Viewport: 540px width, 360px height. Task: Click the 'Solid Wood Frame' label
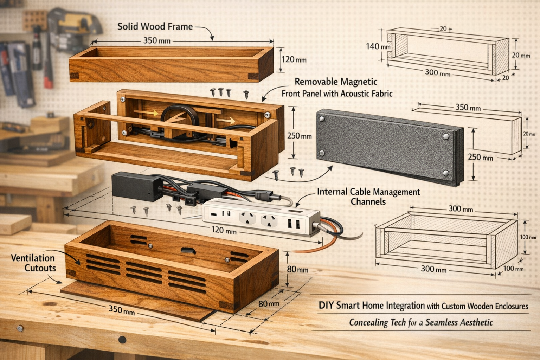point(155,26)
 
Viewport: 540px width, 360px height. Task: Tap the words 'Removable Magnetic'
point(336,82)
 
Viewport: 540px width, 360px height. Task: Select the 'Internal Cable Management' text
point(368,192)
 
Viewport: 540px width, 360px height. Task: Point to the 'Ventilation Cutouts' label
point(33,263)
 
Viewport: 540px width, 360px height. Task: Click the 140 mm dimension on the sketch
point(378,46)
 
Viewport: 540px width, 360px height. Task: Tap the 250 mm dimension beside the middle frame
point(299,136)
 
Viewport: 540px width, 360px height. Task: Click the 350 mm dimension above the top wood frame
point(157,40)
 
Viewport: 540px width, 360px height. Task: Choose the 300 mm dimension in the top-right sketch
point(437,73)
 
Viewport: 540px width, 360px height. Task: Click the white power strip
point(260,220)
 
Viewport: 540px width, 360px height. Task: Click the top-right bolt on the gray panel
point(446,136)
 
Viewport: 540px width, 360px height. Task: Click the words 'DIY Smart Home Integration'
point(372,305)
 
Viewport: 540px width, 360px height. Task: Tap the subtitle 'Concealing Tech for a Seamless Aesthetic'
point(421,322)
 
